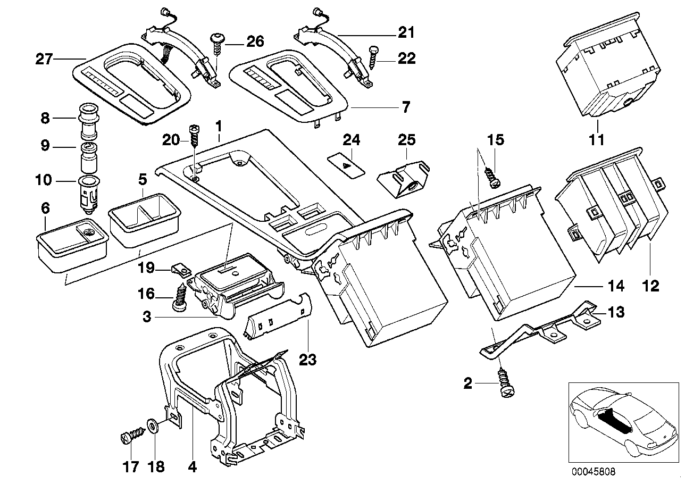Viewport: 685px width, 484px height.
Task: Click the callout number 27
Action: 44,59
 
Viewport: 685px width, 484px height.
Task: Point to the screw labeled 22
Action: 372,57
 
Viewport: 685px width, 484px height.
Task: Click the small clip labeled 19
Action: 182,270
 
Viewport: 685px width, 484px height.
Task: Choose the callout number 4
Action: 192,468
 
